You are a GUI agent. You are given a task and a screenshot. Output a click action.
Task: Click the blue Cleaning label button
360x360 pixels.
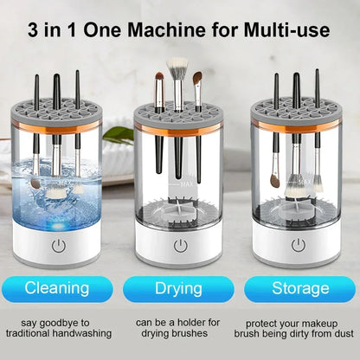pos(57,287)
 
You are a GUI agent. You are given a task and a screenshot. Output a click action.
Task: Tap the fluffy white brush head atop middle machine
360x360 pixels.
pos(178,67)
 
